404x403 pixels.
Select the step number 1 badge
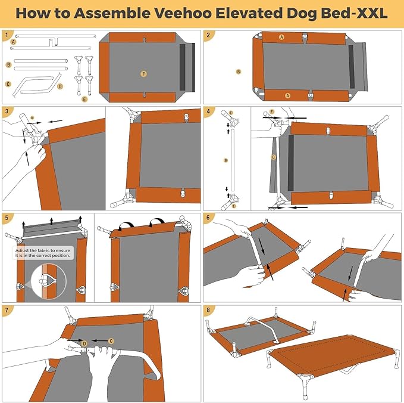click(x=7, y=35)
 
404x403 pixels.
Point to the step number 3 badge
click(x=7, y=111)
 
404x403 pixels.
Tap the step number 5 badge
click(x=7, y=218)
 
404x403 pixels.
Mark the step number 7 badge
click(x=7, y=310)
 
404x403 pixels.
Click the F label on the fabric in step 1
click(x=143, y=73)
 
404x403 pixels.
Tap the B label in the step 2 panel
click(x=239, y=72)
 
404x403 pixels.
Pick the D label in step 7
click(x=84, y=343)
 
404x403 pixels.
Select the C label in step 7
click(x=111, y=341)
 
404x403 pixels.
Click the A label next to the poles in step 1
click(x=12, y=42)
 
